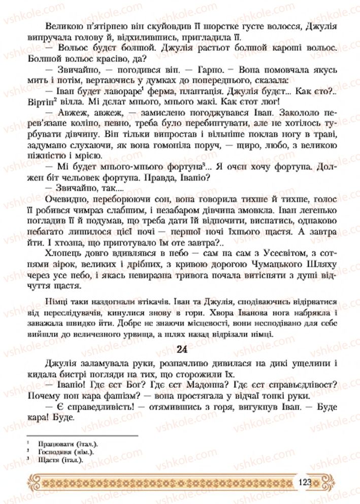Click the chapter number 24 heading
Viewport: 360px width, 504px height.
click(183, 349)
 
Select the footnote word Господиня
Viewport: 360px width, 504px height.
click(53, 451)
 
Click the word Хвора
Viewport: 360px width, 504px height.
click(222, 312)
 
